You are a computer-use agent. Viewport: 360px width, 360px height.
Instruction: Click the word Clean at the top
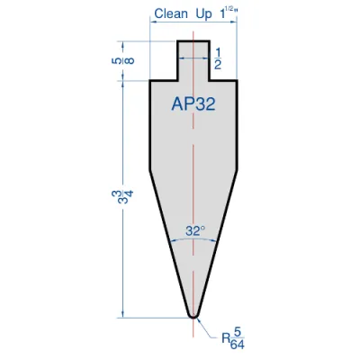(171, 13)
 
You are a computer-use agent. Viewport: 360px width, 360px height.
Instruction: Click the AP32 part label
(193, 104)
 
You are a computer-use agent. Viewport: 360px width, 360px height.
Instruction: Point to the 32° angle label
(194, 230)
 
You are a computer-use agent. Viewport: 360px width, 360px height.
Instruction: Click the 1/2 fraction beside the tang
(220, 59)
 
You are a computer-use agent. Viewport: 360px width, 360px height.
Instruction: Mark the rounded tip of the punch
(193, 314)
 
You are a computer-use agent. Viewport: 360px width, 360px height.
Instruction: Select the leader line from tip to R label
(209, 328)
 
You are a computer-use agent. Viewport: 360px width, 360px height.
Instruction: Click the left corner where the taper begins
(149, 168)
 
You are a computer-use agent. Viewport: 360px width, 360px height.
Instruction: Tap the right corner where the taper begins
(237, 168)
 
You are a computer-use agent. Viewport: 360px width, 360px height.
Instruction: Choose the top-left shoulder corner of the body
(149, 81)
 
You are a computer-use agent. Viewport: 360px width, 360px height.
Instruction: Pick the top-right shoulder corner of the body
(237, 81)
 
